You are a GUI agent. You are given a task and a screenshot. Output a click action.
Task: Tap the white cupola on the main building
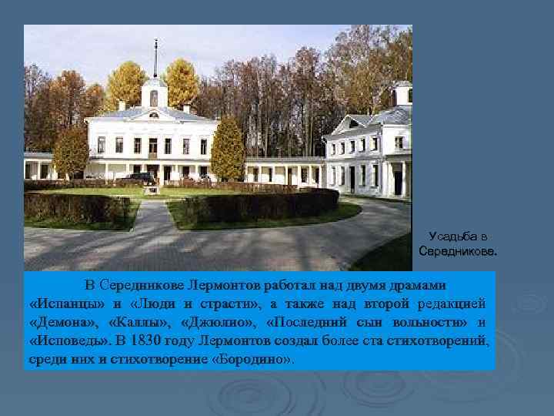[155, 94]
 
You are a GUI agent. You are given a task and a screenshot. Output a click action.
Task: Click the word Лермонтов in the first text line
[229, 284]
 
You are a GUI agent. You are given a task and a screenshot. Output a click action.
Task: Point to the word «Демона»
[65, 320]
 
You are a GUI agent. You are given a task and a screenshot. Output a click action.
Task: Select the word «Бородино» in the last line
[252, 357]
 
